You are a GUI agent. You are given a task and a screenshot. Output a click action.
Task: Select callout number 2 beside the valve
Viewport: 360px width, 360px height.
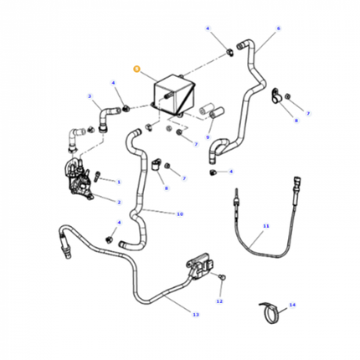pos(119,202)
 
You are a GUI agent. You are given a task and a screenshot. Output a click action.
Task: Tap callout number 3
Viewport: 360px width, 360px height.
pos(90,97)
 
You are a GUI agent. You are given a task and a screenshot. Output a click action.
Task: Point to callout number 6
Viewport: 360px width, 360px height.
pos(278,28)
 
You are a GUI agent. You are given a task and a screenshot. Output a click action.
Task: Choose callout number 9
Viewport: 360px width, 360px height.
pos(208,136)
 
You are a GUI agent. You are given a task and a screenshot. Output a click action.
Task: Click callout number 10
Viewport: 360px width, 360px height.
pos(179,214)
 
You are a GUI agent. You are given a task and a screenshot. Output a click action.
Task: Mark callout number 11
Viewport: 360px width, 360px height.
pos(266,226)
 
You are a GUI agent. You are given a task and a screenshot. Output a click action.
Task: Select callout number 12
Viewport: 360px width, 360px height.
pos(219,300)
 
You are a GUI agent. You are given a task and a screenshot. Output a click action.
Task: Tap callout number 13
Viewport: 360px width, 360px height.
pos(195,315)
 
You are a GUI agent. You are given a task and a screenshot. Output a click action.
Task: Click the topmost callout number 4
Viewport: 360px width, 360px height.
pos(208,28)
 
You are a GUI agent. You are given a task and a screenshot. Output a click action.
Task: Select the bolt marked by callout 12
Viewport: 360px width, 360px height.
pos(221,276)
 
